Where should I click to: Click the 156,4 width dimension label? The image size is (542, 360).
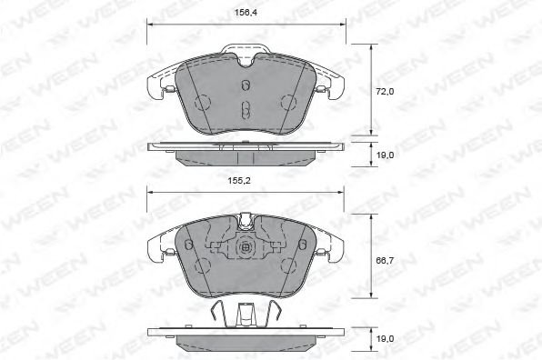point(246,13)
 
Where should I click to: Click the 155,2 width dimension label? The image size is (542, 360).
point(239,180)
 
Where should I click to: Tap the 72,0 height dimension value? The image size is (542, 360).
point(385,92)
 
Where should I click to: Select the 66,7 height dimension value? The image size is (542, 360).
point(385,260)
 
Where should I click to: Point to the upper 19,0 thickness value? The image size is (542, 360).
point(385,155)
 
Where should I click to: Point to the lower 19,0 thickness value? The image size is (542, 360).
point(385,338)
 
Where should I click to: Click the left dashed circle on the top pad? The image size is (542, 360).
point(203,103)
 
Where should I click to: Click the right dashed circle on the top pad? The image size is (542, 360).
point(289,103)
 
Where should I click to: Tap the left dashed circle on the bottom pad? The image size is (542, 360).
point(203,266)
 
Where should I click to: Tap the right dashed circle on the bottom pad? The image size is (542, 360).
point(289,266)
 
